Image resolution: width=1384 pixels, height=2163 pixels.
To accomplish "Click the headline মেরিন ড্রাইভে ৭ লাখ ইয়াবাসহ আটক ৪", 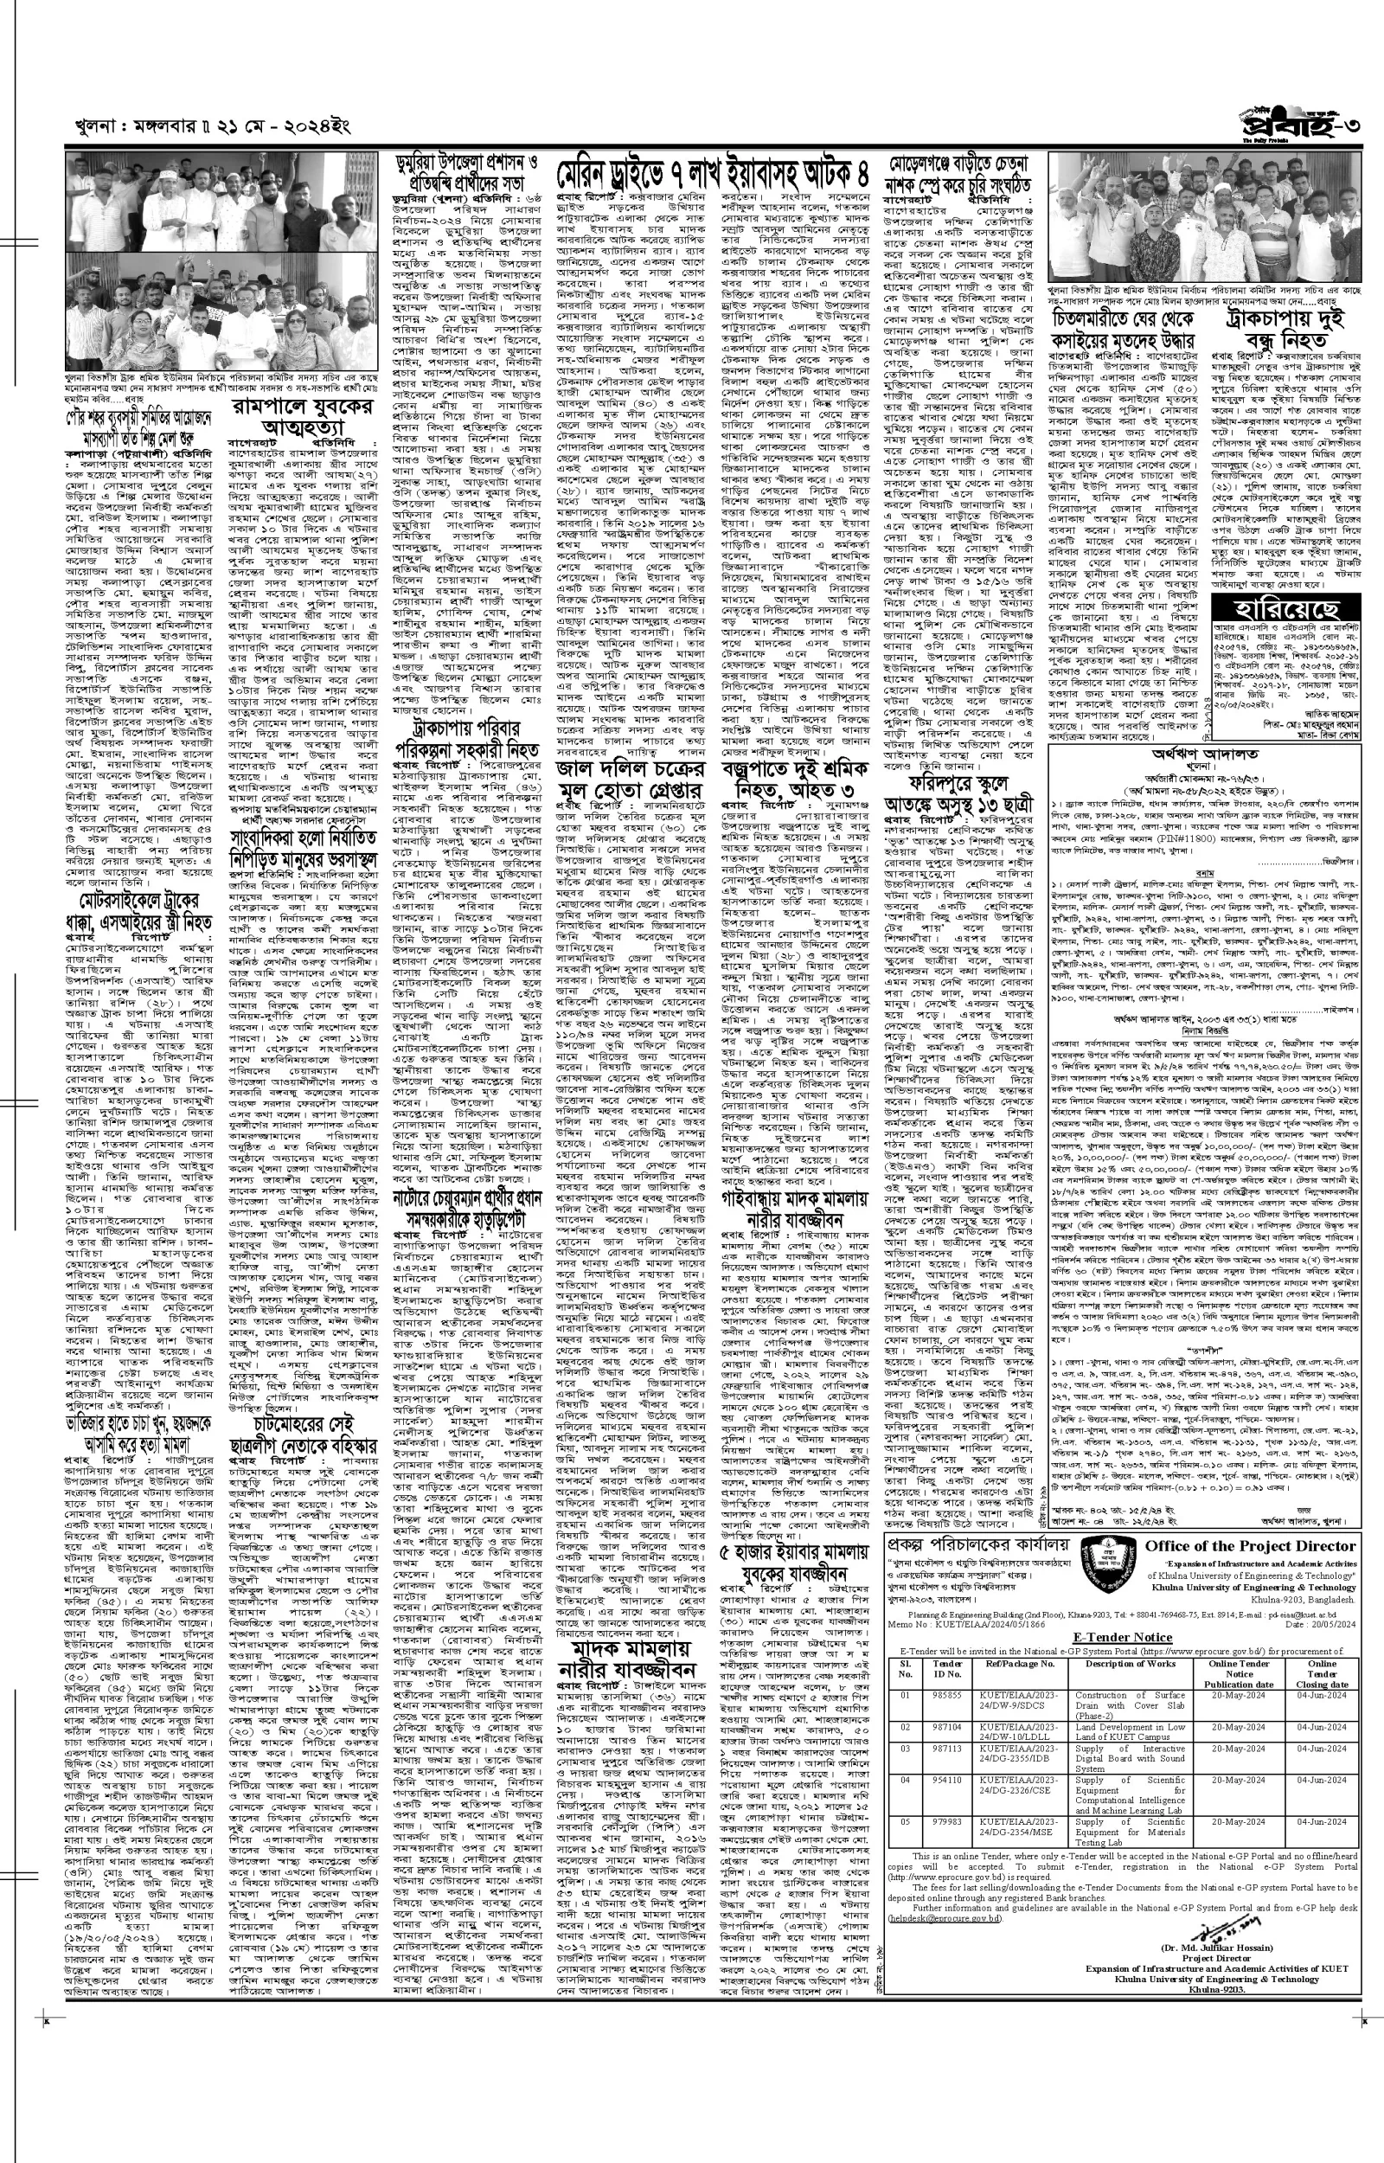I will click(x=714, y=171).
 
